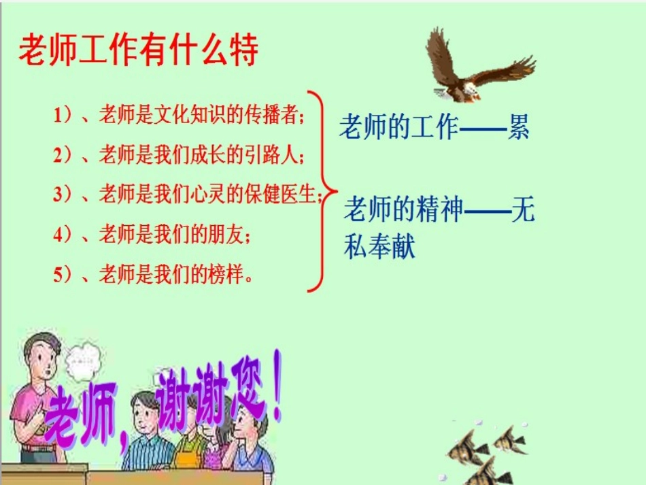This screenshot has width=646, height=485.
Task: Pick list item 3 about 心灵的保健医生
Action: pos(187,195)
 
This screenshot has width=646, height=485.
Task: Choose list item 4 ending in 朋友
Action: pos(152,235)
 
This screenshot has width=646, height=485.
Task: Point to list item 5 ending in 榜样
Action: pos(152,275)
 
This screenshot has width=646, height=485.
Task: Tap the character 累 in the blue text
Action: pos(518,127)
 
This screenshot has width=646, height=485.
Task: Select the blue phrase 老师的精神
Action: pos(403,210)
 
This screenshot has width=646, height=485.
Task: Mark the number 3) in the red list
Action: pos(63,195)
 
